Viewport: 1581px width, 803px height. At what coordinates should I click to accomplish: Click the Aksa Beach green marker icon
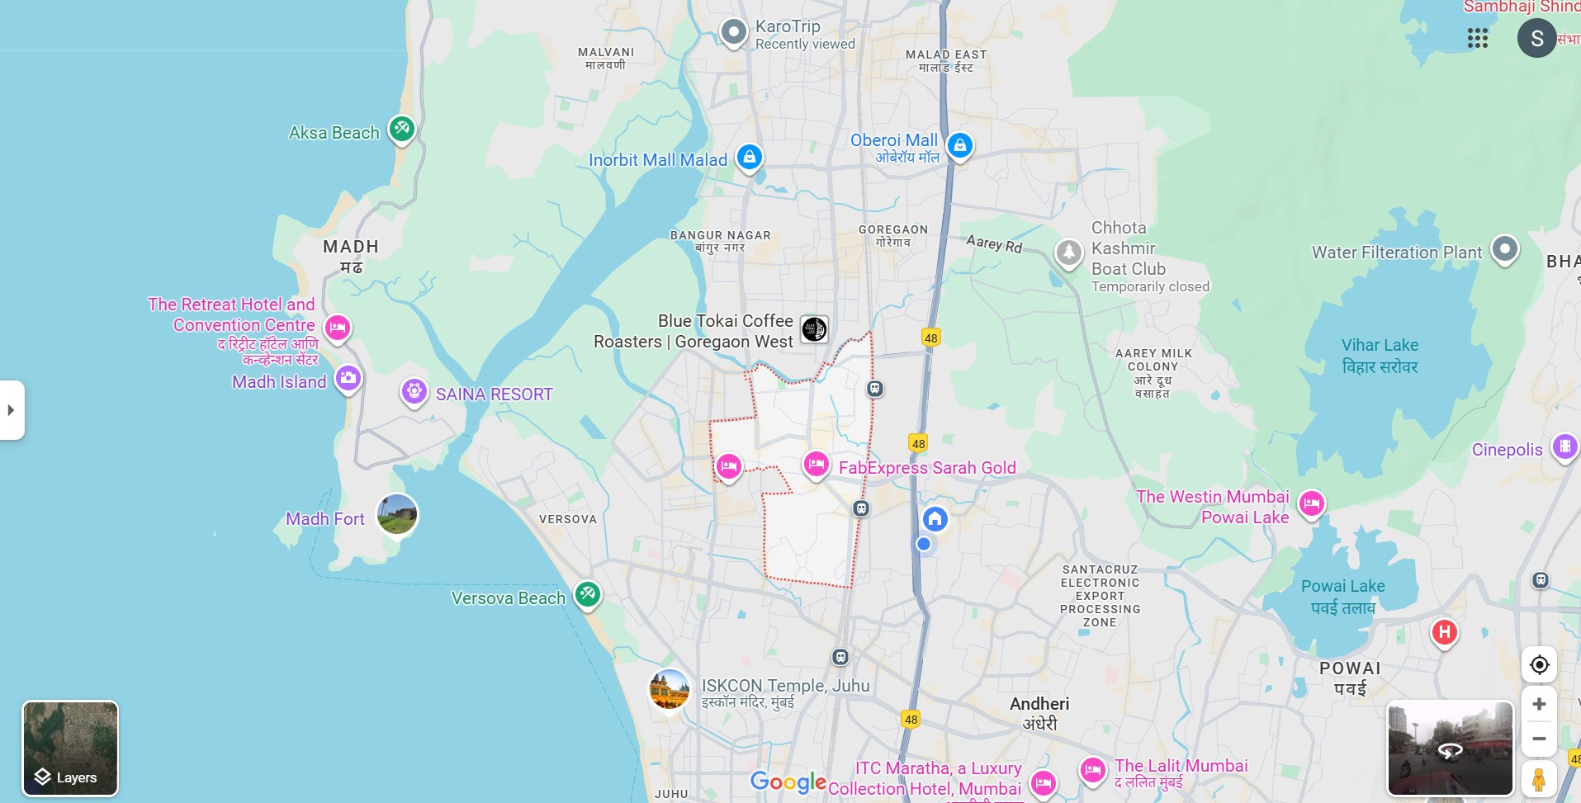402,129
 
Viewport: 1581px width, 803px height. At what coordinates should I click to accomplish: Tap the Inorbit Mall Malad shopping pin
749,157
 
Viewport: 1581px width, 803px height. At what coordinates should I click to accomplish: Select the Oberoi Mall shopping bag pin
959,146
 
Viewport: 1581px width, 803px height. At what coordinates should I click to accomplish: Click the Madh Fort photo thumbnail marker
397,514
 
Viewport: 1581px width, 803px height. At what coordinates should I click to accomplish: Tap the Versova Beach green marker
587,593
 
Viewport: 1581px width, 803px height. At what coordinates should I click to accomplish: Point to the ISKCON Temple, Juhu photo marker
669,690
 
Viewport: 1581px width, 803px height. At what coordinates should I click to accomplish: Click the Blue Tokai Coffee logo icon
814,329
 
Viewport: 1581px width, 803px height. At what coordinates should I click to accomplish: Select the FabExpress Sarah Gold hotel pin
816,465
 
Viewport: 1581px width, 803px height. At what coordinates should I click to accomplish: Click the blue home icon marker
935,519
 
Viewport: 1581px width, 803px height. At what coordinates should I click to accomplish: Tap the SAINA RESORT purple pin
414,391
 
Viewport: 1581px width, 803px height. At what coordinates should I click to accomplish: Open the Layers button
70,748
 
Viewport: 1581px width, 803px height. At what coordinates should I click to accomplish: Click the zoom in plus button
1539,704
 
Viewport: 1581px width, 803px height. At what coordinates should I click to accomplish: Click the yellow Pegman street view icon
1539,778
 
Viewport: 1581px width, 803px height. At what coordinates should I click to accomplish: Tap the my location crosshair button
1539,665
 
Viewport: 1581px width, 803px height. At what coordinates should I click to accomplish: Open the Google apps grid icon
1478,38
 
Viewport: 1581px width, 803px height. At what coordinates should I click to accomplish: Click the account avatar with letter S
1536,38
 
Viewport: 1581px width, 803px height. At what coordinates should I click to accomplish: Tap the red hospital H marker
1444,633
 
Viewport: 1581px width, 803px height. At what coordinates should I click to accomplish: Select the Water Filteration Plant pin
1505,248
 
